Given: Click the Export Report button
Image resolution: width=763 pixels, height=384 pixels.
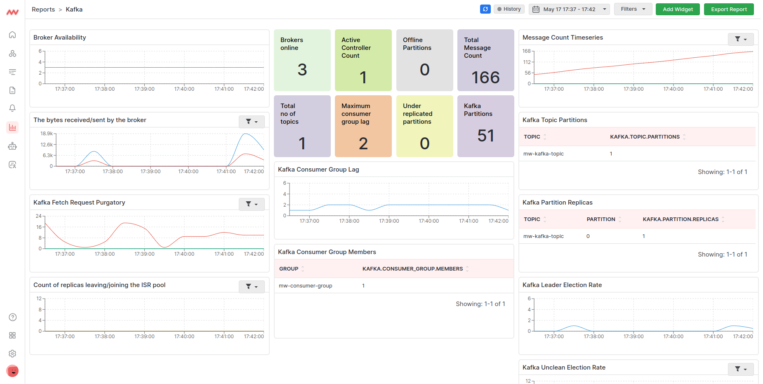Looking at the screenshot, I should [x=729, y=9].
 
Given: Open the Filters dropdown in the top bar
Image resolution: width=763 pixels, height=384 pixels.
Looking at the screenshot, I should [x=633, y=9].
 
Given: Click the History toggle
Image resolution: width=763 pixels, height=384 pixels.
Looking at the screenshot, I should [x=509, y=9].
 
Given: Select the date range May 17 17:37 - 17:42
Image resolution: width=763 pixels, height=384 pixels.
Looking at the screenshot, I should [x=569, y=9].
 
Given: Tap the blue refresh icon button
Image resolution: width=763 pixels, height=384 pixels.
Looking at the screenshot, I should [x=485, y=9].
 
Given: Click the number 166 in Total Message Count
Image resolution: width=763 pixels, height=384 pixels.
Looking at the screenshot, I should [x=485, y=78].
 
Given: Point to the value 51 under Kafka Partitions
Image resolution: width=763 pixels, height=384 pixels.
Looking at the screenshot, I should [x=485, y=136].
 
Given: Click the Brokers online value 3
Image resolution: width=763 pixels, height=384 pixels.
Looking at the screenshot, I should [x=302, y=70].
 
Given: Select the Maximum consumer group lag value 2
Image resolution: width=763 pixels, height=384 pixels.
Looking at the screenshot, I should [x=363, y=144].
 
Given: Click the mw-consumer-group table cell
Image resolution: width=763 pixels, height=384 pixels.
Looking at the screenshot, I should [x=306, y=285].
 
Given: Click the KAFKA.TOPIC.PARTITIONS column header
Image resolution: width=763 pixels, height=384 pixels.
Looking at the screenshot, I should [x=645, y=137].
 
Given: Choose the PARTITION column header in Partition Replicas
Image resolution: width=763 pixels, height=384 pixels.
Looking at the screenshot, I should [x=601, y=219].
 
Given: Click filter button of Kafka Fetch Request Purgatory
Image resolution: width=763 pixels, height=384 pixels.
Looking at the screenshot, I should [x=252, y=204].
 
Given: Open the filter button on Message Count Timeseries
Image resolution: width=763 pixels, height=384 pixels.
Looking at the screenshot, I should [x=741, y=39].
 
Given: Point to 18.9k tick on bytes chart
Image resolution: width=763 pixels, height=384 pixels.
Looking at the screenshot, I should [x=47, y=134].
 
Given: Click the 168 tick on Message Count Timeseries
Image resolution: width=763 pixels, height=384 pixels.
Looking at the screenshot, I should [x=526, y=51].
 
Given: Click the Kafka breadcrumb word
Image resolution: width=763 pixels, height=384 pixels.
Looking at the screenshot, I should [x=74, y=9].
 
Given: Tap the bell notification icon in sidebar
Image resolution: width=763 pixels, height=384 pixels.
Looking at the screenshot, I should [x=12, y=108].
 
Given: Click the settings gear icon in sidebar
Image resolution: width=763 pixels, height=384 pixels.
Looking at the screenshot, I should [x=12, y=353].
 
